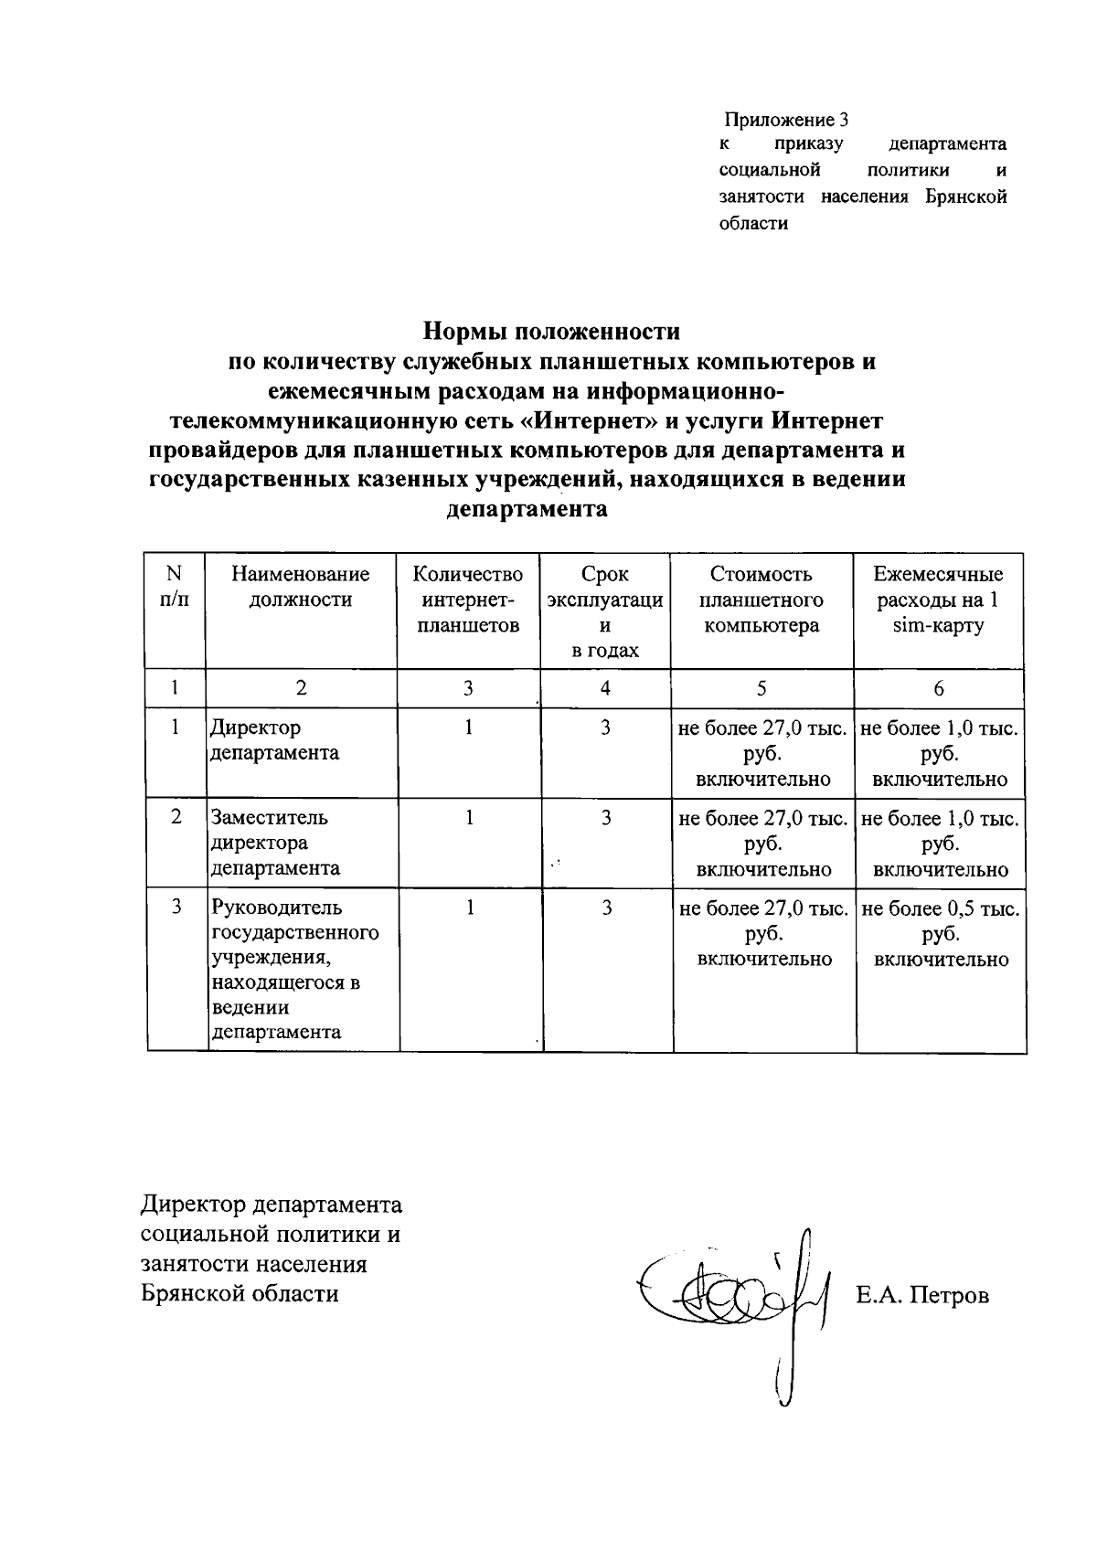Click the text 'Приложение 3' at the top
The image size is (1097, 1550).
(787, 120)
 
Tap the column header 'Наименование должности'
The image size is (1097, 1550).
(301, 587)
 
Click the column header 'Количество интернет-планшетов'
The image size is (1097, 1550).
(468, 600)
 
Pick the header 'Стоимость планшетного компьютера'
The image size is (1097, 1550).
(761, 600)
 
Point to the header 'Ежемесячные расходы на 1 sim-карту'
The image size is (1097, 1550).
(938, 600)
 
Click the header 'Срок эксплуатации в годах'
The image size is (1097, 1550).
(604, 611)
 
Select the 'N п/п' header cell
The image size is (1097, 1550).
(175, 587)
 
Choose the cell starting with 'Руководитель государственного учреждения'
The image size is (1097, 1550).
(294, 970)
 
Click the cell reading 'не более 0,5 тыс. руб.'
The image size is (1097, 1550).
(941, 933)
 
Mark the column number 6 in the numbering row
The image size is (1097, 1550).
(939, 689)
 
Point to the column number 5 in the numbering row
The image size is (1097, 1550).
(762, 689)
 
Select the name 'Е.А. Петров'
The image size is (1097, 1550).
(921, 1295)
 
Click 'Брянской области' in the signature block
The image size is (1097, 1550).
(240, 1294)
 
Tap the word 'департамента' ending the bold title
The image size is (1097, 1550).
(527, 509)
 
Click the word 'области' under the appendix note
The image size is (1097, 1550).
(753, 223)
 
